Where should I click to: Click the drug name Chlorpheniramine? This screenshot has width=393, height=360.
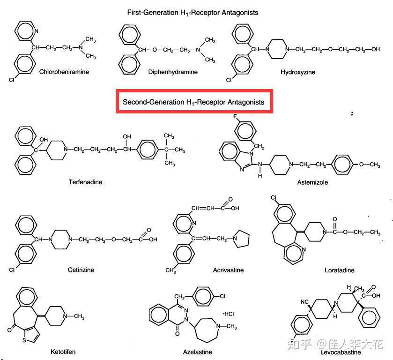64,72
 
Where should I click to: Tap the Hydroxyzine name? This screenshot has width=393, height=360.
298,72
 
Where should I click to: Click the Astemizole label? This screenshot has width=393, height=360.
312,181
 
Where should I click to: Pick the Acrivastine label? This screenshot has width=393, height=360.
228,270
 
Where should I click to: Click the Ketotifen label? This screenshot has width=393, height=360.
63,351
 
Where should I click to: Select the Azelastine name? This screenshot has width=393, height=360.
197,352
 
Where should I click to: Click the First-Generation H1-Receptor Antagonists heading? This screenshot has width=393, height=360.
193,12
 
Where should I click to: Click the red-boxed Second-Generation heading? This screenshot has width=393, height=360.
193,101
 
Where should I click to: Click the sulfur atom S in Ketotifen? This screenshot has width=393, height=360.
24,339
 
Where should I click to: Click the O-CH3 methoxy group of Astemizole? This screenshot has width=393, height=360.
367,164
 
